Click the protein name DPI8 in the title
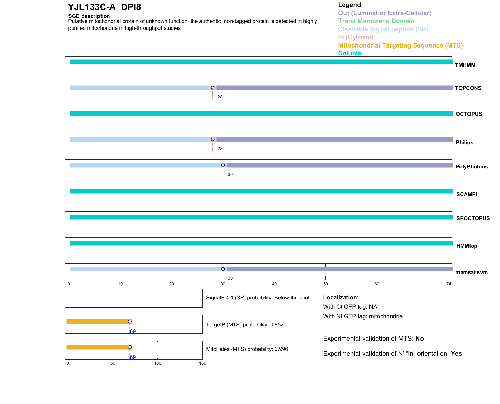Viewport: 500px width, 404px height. point(131,7)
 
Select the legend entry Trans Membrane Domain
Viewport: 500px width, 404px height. point(376,21)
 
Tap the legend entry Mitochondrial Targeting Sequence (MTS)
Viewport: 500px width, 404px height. point(400,45)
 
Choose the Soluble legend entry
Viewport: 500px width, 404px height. point(349,53)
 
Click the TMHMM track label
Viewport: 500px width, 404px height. point(465,65)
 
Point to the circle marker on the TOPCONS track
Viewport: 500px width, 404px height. point(213,88)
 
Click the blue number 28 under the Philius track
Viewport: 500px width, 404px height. point(220,149)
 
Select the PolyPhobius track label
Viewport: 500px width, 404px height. point(471,167)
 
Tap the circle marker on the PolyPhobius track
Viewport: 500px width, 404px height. point(223,165)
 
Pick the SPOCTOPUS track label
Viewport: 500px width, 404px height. point(473,218)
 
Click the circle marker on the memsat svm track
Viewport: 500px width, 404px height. point(223,269)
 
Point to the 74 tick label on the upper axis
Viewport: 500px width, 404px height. point(448,284)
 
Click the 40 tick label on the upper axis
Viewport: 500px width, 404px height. point(274,284)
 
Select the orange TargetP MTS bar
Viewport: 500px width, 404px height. point(99,321)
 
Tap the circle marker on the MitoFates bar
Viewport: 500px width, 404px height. point(130,347)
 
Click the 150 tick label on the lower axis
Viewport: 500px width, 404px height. point(203,363)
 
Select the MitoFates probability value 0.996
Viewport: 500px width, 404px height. point(281,349)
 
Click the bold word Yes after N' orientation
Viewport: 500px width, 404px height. point(456,354)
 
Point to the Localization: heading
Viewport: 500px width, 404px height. point(341,297)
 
